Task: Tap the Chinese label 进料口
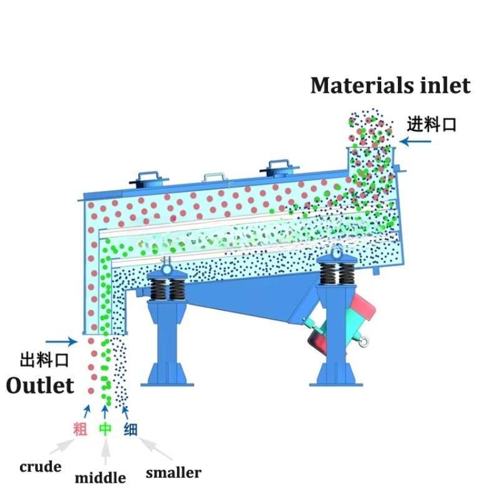(432, 124)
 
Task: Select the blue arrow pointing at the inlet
(415, 142)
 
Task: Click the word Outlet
(40, 385)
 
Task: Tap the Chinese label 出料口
(44, 361)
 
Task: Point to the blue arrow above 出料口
(61, 342)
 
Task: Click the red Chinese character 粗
(80, 429)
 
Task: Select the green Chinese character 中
(105, 429)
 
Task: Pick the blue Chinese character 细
(130, 429)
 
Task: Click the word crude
(41, 467)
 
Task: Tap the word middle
(100, 478)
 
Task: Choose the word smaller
(173, 473)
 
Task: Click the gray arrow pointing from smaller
(155, 448)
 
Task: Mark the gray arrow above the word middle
(105, 451)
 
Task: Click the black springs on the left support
(167, 289)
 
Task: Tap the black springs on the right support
(337, 274)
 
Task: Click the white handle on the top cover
(215, 177)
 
